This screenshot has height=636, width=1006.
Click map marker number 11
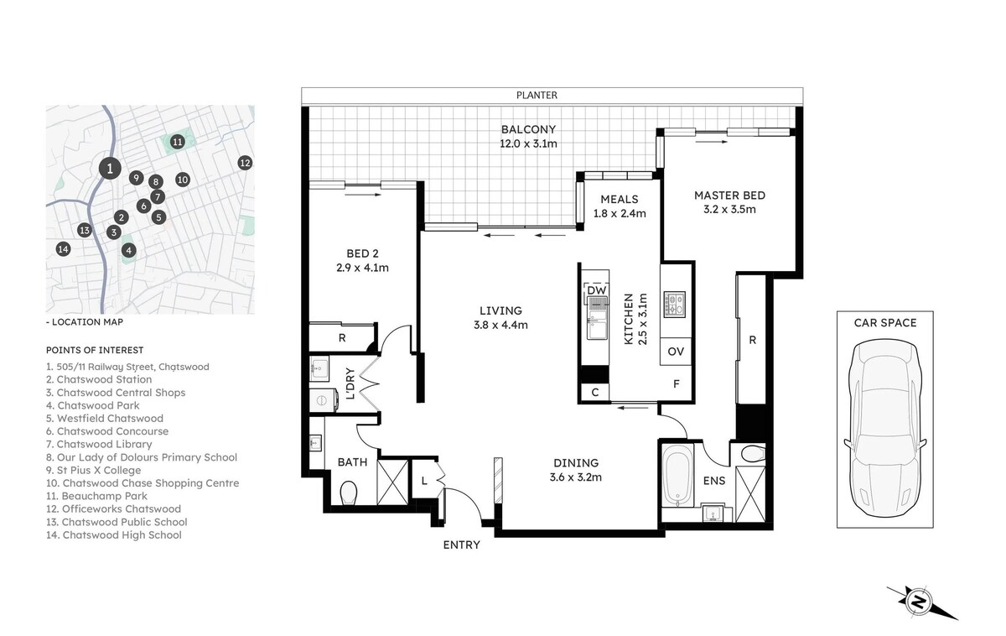click(178, 142)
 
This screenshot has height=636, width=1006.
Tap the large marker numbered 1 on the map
click(110, 169)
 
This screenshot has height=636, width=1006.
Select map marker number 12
click(245, 163)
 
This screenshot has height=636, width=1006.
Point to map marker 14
click(64, 249)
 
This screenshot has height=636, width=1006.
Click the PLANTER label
click(537, 96)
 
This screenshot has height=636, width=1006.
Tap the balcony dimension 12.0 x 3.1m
click(529, 143)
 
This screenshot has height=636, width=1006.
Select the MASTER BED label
click(730, 195)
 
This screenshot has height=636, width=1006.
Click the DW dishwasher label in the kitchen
click(597, 290)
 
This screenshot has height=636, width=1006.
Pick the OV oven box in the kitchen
click(676, 351)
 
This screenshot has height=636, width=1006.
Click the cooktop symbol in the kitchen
click(675, 305)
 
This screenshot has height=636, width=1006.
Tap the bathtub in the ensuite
click(677, 476)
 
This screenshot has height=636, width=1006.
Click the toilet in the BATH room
click(349, 493)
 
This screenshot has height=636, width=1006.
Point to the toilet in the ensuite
click(753, 454)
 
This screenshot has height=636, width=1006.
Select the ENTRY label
click(462, 545)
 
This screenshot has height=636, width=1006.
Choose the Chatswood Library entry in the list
click(99, 444)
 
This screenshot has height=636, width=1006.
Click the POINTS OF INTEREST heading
click(95, 350)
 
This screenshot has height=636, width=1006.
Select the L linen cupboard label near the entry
click(424, 481)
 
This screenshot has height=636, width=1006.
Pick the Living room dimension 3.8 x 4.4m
click(500, 325)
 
